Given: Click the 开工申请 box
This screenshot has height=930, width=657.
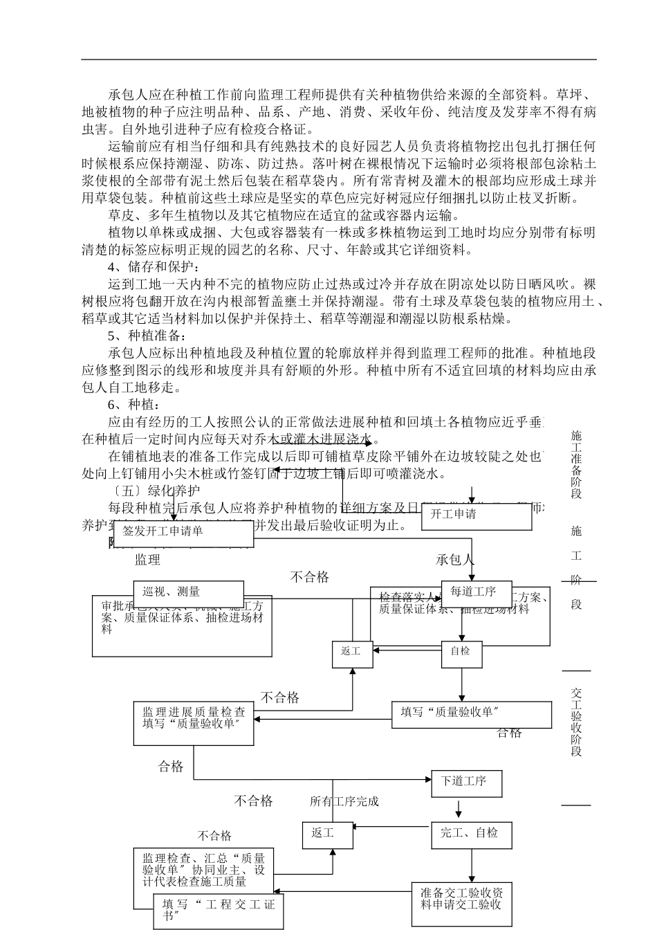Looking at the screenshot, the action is click(476, 516).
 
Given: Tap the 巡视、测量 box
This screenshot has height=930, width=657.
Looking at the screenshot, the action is click(188, 592).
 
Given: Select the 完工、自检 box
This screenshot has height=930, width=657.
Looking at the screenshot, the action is click(472, 835).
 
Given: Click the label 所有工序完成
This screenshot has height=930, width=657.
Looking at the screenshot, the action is click(344, 801).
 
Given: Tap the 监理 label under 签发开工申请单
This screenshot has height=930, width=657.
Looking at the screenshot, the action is click(148, 560).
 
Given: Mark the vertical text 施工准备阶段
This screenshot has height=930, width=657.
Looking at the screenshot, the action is click(576, 464).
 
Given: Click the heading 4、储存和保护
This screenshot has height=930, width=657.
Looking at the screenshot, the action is click(154, 266).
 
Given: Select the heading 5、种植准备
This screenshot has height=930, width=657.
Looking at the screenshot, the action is click(147, 336).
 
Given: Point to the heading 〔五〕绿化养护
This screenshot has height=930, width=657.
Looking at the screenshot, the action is click(148, 491).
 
